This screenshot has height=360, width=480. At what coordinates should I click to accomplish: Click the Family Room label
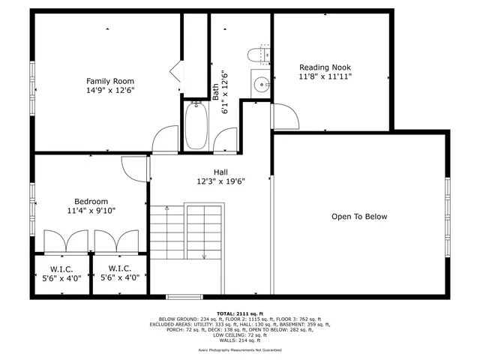coord(110,81)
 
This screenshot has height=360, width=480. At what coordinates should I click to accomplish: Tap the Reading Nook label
coord(325,66)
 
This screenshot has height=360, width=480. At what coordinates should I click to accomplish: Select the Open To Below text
coord(359,217)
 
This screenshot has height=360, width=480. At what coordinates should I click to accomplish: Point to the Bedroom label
coord(91,201)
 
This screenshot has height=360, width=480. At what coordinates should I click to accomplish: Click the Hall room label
coord(220,171)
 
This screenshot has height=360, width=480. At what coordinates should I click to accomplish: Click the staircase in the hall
coord(186,232)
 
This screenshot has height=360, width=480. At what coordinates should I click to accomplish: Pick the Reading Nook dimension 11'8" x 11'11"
coord(325,76)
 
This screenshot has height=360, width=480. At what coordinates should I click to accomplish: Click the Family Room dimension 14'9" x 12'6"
coord(110,91)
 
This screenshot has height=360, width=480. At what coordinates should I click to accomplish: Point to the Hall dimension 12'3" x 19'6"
coord(220,181)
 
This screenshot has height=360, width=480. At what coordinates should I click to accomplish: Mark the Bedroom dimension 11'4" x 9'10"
coord(91,211)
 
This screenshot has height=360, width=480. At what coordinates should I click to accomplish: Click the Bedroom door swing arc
coord(133,169)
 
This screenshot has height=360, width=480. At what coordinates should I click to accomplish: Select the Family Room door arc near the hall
coord(164,140)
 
